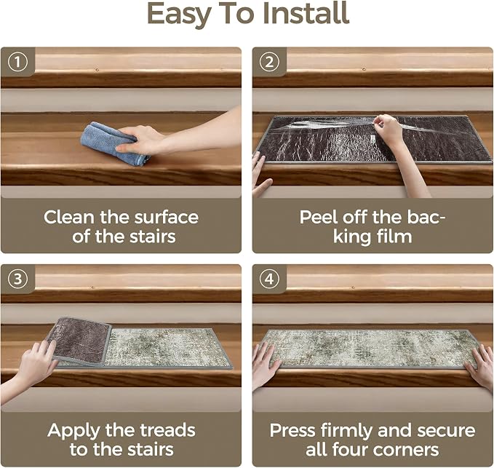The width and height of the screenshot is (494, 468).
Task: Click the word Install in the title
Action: click(x=306, y=13)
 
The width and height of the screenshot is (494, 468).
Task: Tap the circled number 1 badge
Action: click(x=17, y=62)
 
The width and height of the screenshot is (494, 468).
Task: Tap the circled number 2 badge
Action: click(x=269, y=62)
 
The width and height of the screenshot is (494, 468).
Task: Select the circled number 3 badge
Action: click(x=17, y=279)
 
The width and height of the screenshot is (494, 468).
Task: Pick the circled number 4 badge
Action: click(x=269, y=279)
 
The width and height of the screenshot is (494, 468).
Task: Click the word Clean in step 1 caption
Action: click(x=69, y=218)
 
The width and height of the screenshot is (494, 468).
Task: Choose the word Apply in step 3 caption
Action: click(x=73, y=431)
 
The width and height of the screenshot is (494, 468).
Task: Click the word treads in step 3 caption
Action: click(x=167, y=430)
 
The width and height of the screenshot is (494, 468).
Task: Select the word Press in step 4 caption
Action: click(x=292, y=430)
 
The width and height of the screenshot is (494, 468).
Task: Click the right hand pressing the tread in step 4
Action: click(x=479, y=365)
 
